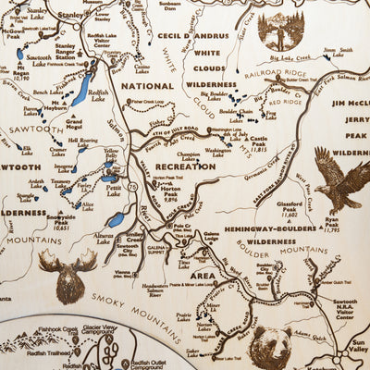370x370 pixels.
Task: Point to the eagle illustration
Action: click(x=339, y=180)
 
